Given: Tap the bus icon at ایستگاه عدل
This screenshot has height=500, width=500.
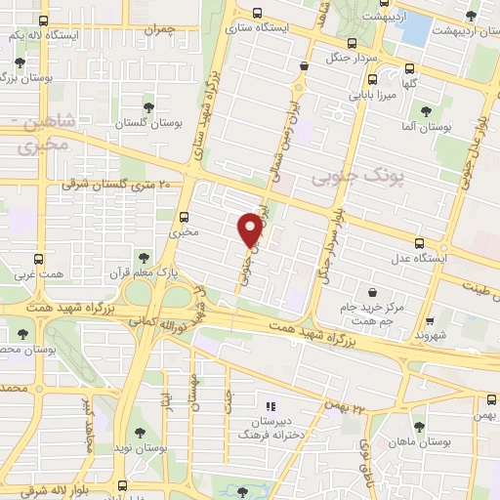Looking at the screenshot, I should (x=420, y=244).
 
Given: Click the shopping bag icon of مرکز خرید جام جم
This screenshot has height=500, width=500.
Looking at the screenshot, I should (x=373, y=291).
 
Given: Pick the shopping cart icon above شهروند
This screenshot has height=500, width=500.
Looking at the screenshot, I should (x=433, y=318).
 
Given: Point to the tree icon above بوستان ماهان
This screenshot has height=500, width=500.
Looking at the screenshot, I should (x=421, y=426).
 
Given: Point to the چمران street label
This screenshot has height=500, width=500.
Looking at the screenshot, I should (x=156, y=30).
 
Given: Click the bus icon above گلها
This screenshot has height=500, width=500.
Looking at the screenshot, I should (x=410, y=69).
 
